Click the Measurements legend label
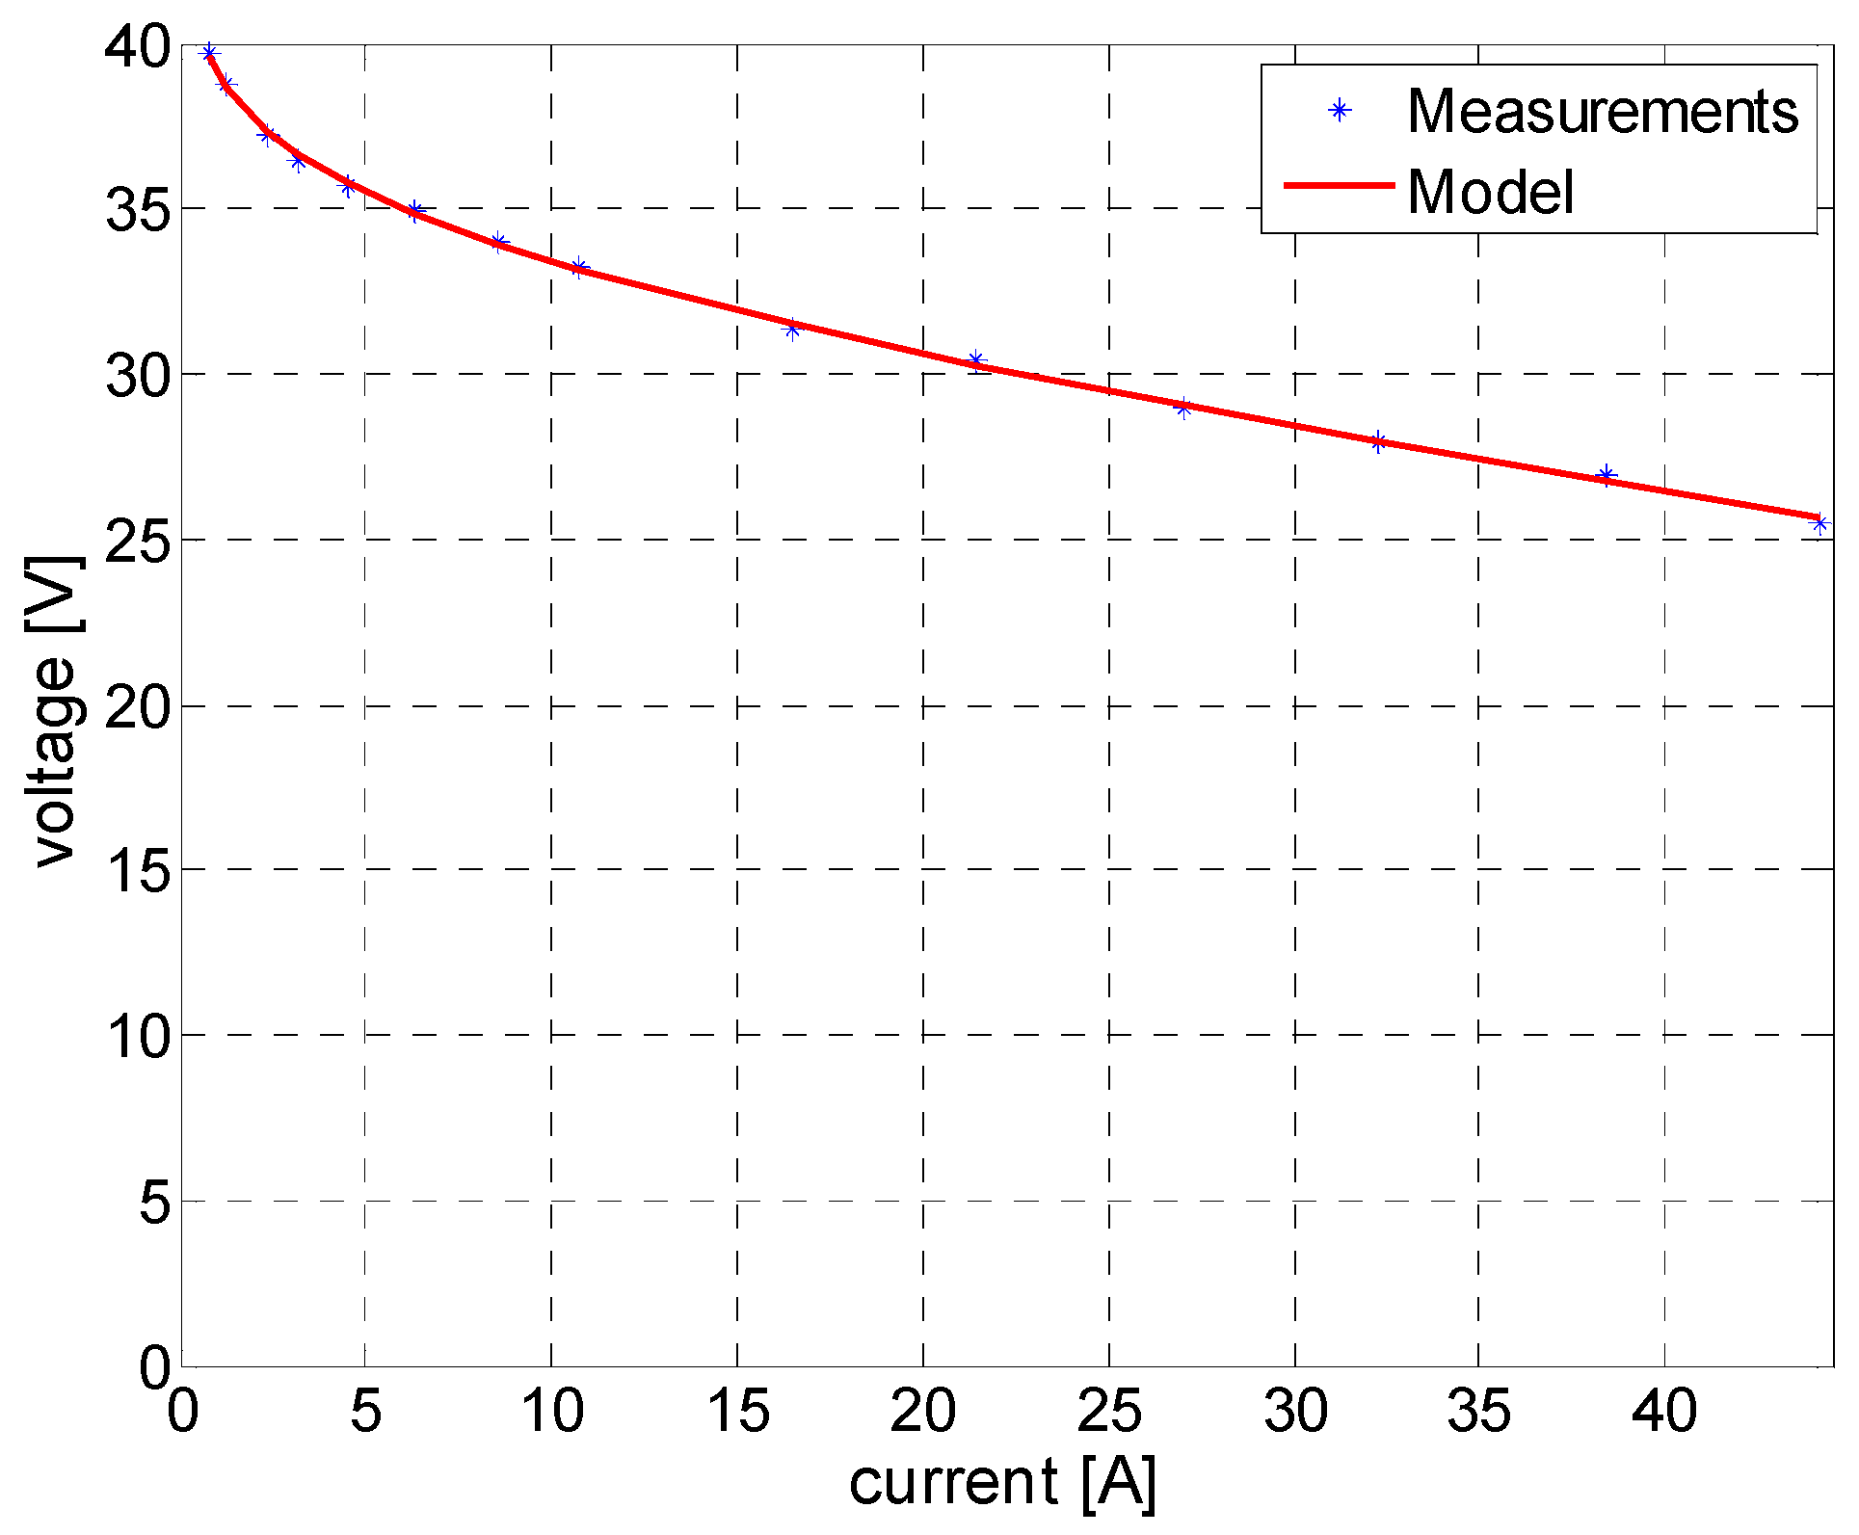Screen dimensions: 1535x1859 1602,112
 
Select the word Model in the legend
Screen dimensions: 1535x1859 1490,192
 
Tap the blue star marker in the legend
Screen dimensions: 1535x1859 1339,111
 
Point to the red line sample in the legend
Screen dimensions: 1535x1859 1339,185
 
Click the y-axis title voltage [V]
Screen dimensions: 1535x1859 54,711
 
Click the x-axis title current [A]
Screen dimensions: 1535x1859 1002,1481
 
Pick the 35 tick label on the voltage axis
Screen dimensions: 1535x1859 138,209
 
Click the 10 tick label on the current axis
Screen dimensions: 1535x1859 552,1412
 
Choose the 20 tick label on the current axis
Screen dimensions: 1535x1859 922,1412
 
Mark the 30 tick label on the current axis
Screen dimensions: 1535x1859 1295,1412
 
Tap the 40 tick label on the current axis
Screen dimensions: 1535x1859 1664,1412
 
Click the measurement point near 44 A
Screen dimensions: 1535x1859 1819,523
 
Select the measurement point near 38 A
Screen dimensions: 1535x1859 1606,474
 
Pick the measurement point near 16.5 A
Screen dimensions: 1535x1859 792,330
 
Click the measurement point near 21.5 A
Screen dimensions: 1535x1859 975,360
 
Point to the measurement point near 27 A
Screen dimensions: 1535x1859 1183,409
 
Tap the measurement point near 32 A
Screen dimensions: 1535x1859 1378,441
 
